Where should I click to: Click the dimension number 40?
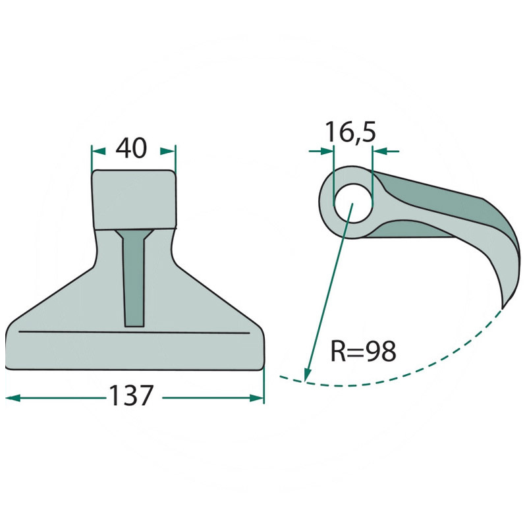coord(131,148)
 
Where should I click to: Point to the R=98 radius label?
coord(363,352)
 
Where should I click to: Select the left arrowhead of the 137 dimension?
coord(12,397)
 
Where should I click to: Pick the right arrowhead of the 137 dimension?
coord(258,397)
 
